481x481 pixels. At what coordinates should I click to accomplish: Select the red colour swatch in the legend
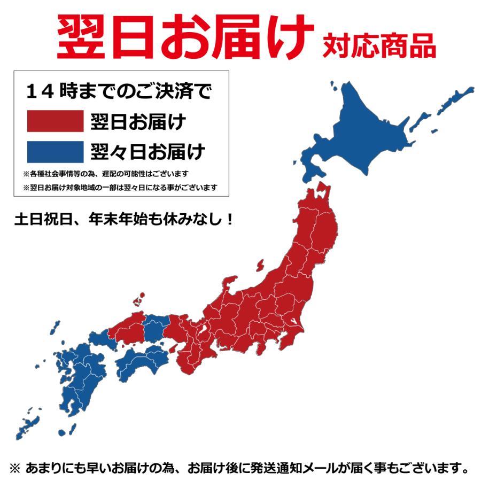tap(56, 121)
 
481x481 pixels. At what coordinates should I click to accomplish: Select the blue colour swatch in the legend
tap(56, 151)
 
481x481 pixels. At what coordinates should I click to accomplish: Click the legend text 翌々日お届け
tap(148, 151)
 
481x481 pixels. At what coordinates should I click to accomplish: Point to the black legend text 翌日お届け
tap(138, 121)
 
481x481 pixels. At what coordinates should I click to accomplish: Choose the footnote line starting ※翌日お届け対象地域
tap(120, 188)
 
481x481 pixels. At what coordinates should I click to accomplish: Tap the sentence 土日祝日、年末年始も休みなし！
tap(124, 220)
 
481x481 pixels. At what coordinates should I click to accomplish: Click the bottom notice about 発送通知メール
tap(241, 468)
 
